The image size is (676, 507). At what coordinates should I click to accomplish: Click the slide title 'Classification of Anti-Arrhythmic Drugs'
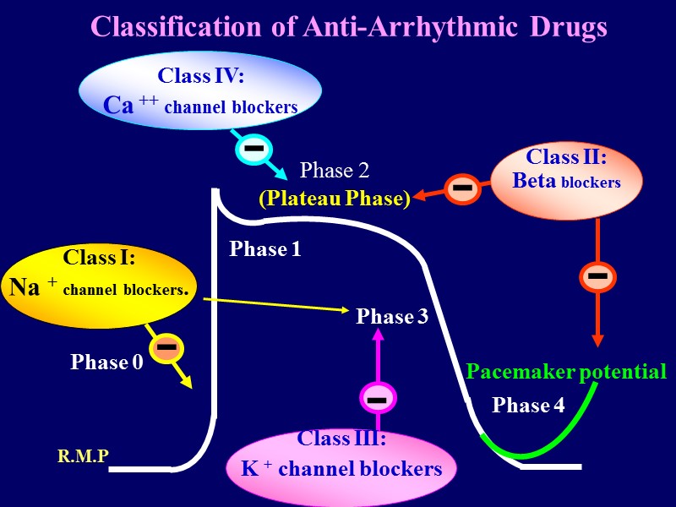tap(348, 27)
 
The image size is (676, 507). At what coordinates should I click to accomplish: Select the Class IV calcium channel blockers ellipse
tap(200, 91)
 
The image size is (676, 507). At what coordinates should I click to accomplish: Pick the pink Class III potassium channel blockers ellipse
tap(341, 466)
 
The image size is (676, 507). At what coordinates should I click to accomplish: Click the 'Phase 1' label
tap(265, 249)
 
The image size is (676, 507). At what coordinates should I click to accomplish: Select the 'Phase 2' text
tap(335, 171)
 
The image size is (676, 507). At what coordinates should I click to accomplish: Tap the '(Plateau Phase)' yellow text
tap(334, 199)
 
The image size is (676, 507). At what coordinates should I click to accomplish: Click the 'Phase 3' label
tap(392, 317)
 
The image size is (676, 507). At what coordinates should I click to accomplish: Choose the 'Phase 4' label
tap(528, 406)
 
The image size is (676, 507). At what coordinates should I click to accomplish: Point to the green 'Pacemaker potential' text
tap(566, 372)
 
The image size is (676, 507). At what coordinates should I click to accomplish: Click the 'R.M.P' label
tap(83, 457)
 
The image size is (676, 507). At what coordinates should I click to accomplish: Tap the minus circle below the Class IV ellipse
tap(253, 150)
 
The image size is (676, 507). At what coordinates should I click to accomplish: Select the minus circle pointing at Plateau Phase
tap(462, 188)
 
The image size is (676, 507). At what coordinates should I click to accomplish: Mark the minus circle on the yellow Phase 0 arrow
tap(166, 348)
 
